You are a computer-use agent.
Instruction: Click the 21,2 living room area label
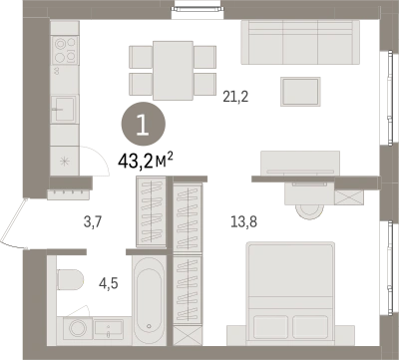(235, 97)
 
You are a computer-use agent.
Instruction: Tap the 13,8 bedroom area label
(244, 221)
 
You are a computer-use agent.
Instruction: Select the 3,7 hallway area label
(93, 221)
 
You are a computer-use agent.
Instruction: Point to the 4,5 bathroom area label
(109, 283)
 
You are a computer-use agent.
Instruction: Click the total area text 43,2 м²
(146, 161)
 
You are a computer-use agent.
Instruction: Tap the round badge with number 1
(143, 124)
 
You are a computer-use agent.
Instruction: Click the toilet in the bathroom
(70, 279)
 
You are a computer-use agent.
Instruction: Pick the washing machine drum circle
(78, 328)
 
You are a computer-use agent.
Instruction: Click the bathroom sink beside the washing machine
(109, 329)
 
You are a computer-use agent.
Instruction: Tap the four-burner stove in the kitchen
(65, 50)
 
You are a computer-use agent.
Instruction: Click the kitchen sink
(64, 109)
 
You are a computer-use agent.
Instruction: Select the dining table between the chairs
(173, 70)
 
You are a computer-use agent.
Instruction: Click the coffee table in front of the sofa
(300, 92)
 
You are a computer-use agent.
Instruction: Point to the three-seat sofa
(300, 42)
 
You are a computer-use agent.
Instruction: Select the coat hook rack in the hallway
(68, 193)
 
